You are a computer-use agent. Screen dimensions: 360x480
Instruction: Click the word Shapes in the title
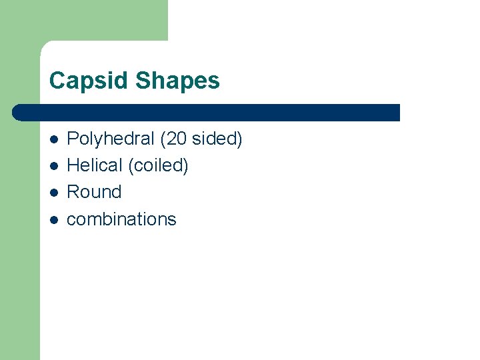point(177,81)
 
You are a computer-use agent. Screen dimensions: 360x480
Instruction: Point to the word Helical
point(95,165)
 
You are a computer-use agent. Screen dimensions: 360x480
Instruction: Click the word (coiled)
point(157,166)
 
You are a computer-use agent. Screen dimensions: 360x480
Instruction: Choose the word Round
point(95,192)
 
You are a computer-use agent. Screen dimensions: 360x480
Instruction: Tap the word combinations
point(122,219)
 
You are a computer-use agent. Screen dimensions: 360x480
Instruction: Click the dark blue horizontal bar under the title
point(207,112)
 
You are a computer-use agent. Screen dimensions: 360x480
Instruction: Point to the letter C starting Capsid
point(57,81)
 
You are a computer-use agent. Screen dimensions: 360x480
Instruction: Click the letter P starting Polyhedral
point(73,139)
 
